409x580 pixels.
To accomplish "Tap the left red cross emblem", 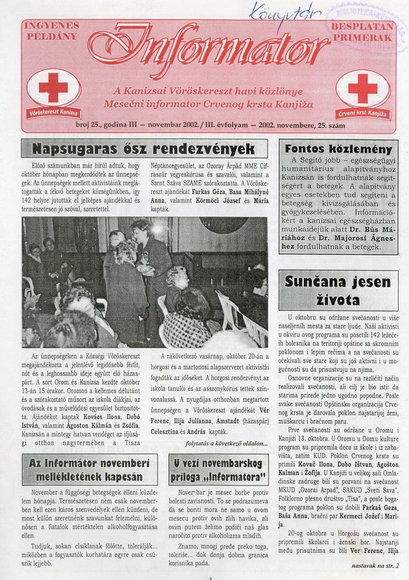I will click(54, 88).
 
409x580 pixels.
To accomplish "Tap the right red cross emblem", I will click(362, 88).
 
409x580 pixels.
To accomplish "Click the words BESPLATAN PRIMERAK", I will click(362, 32).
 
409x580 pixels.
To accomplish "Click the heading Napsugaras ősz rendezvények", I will click(143, 149).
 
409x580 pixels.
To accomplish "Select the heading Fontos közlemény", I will click(338, 149).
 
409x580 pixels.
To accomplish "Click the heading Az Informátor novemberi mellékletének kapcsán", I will click(89, 469).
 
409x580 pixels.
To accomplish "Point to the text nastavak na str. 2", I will click(375, 566).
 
